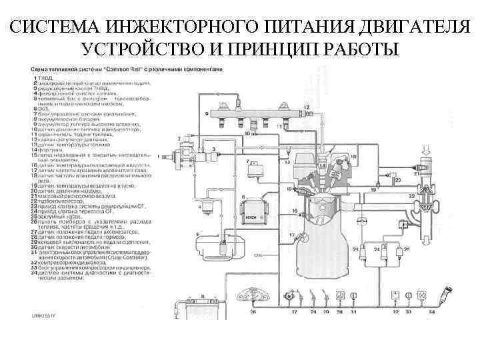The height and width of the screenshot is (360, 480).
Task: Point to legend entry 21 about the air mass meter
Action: [x=74, y=194]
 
